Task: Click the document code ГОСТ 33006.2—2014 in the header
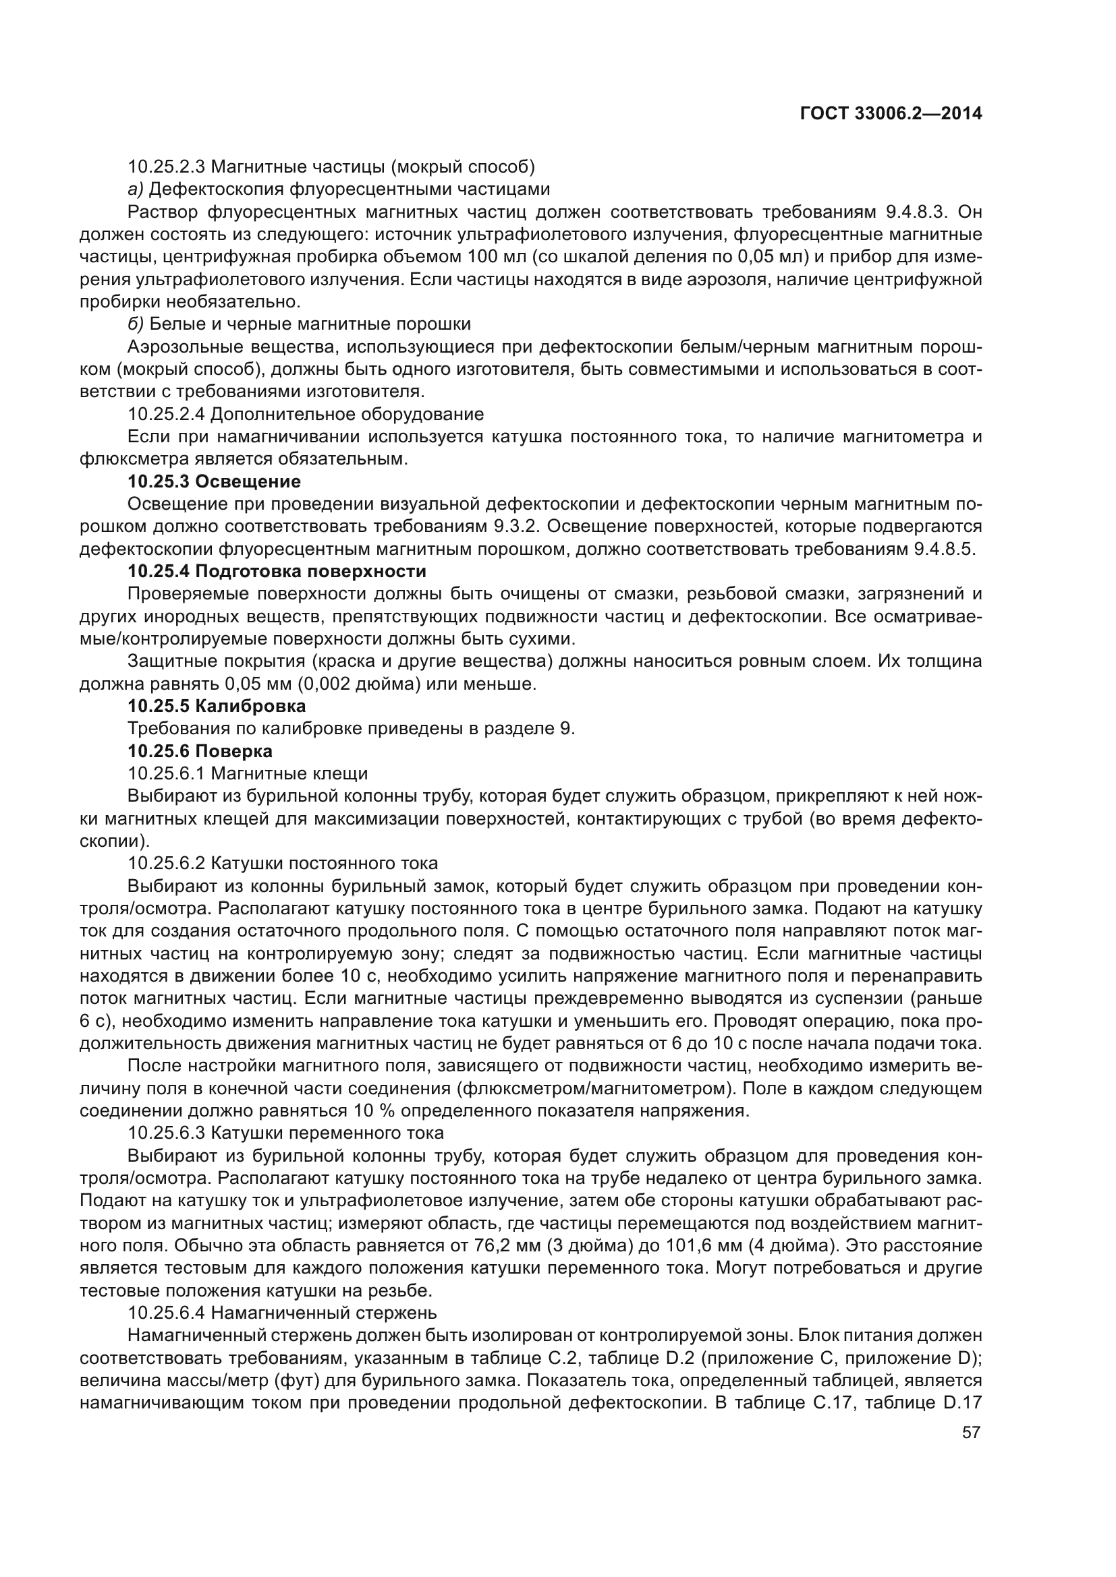pos(891,113)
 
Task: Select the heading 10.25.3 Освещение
pos(214,481)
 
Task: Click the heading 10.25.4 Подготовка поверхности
pos(277,571)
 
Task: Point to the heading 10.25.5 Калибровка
pos(217,705)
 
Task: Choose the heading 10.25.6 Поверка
pos(200,750)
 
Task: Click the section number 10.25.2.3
pos(165,167)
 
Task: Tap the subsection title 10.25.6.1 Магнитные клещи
pos(248,773)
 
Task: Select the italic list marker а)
pos(136,189)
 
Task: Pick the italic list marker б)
pos(136,324)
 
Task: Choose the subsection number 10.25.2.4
pos(165,414)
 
